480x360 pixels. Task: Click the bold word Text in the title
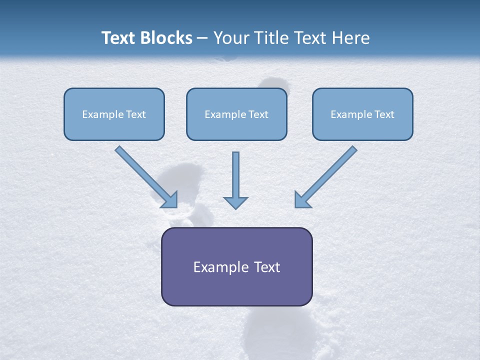117,38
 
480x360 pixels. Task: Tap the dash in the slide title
202,38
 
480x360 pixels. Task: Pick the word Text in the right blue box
384,114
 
